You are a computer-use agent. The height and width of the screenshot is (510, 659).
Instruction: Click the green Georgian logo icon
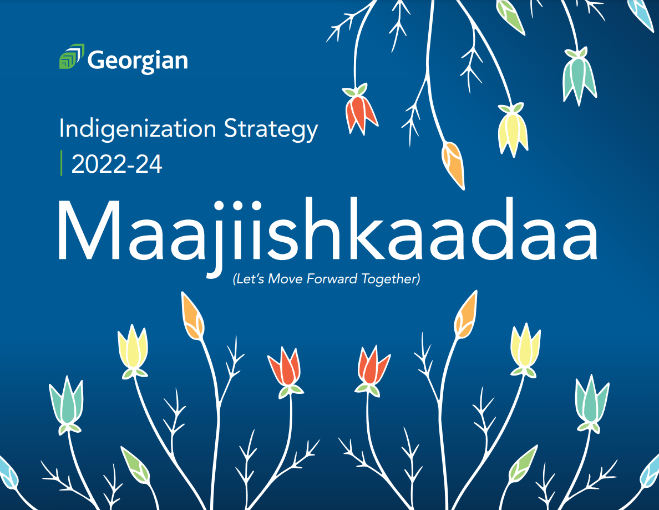coord(71,57)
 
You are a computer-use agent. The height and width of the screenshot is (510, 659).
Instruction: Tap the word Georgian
coord(138,60)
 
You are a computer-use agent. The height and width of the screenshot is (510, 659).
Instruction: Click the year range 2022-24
coord(116,164)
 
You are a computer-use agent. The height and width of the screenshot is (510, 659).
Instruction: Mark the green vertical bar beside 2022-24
coord(62,163)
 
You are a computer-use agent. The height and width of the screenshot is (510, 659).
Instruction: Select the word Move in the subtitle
coord(285,279)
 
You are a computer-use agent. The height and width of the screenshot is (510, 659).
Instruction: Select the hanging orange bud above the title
coord(453,164)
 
